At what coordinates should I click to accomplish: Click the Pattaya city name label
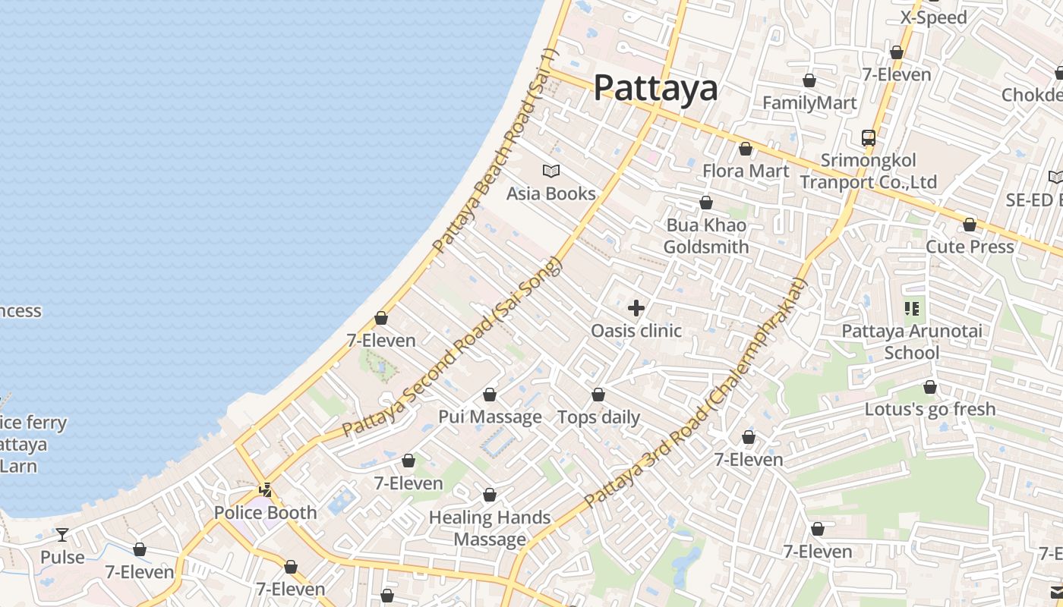655,88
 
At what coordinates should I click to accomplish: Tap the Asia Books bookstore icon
551,171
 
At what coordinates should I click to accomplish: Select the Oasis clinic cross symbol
636,308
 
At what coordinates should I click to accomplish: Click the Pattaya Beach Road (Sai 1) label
494,152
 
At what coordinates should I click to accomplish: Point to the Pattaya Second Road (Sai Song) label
453,347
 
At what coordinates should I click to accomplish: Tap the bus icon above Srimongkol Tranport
869,138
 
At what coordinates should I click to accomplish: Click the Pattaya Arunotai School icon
912,309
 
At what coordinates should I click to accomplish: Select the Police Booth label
265,513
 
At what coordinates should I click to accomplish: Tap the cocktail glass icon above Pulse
62,535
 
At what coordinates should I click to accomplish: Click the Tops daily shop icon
598,395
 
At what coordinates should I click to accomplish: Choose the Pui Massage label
490,417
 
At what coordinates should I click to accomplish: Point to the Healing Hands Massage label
490,528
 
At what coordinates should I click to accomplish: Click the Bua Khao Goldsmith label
706,236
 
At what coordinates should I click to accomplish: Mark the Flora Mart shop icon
746,149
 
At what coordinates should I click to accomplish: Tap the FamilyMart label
809,103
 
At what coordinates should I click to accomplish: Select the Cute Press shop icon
970,225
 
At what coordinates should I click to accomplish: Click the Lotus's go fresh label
930,410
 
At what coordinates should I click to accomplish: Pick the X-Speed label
933,17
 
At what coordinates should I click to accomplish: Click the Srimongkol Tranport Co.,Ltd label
869,171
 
